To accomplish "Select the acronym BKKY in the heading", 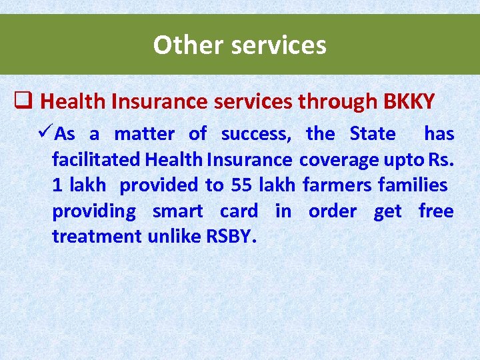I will (x=409, y=101).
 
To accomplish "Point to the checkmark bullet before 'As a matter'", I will (x=46, y=133).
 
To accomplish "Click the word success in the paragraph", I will (x=256, y=134).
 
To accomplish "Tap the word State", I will (x=373, y=133).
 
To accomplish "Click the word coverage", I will (x=340, y=160).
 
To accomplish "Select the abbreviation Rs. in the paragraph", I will (x=441, y=159).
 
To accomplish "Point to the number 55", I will (x=241, y=185).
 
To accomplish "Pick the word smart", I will (x=177, y=211).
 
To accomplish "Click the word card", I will (x=239, y=211).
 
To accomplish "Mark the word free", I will (x=436, y=211).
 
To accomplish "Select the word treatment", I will (x=97, y=236).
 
